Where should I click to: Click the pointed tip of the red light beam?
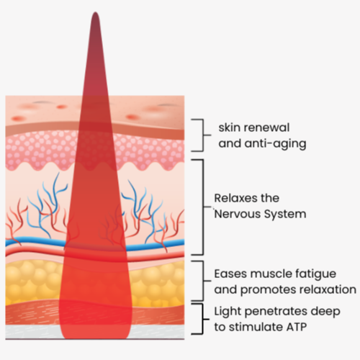point(96,12)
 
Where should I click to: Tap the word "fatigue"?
point(315,274)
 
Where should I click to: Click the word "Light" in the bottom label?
point(228,312)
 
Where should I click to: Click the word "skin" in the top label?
point(229,127)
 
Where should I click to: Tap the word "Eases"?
point(230,274)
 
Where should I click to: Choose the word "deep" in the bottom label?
point(325,312)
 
